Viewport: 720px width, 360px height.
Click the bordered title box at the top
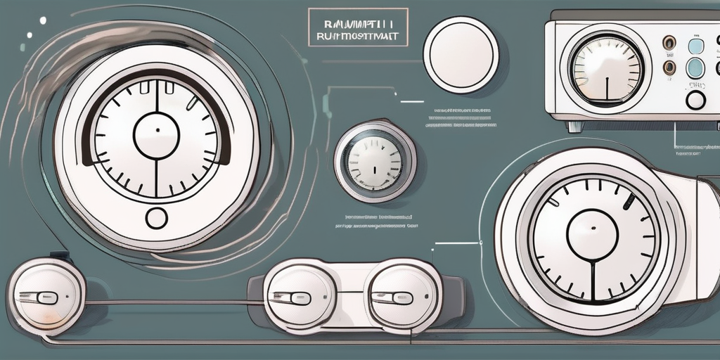[357, 27]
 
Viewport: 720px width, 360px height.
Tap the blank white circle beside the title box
[461, 56]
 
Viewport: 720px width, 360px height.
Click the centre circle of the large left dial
[156, 135]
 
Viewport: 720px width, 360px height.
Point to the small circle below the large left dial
[156, 218]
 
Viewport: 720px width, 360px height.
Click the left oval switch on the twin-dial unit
[300, 297]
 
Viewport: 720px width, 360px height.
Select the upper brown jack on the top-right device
[669, 44]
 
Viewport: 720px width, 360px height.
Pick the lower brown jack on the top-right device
[669, 68]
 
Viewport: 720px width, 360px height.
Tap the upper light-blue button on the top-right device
[695, 46]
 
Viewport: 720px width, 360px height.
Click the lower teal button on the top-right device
[695, 68]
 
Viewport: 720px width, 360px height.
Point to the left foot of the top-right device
[576, 126]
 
